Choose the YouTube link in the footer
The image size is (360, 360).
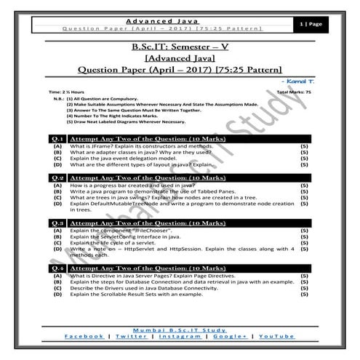tap(276, 336)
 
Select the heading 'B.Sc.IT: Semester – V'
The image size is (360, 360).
tap(180, 47)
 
